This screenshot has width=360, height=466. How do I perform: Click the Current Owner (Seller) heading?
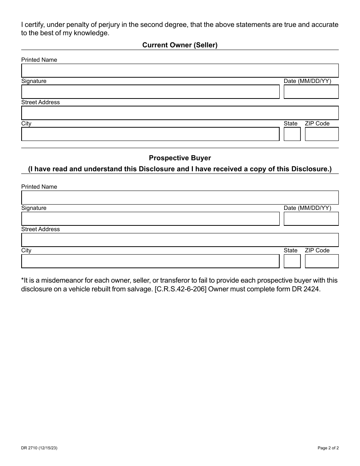(180, 45)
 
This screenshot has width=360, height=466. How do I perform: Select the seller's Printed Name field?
(180, 71)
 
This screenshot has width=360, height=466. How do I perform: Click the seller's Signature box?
(150, 92)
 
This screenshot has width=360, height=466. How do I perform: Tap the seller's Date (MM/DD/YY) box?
(311, 92)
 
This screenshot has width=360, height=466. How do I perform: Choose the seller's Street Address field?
(180, 113)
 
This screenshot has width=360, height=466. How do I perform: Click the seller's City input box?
(150, 134)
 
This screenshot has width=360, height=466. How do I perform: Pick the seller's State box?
(292, 134)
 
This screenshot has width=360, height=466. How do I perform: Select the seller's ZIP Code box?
(321, 134)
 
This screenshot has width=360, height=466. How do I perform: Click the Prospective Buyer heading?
(180, 158)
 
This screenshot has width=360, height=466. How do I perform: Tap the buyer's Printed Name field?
(180, 198)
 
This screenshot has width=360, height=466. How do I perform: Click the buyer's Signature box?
(150, 219)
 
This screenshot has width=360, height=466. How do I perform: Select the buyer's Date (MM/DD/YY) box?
(311, 219)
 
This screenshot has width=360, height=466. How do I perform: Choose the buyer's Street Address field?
(180, 240)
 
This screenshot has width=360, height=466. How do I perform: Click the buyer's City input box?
(150, 261)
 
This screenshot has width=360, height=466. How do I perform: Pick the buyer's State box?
(292, 261)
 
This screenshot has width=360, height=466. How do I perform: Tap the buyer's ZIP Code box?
(321, 261)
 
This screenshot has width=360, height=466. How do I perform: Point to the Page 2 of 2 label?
(328, 448)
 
